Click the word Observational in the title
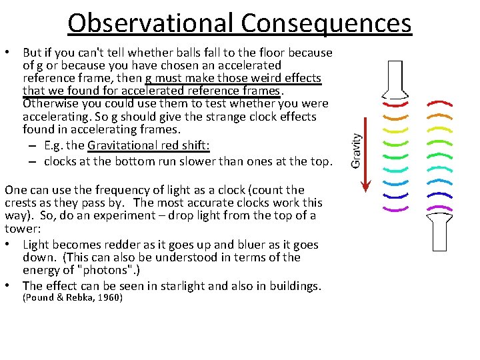pos(151,23)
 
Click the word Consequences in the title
pos(327,23)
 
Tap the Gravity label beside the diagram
pos(357,150)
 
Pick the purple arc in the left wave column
pos(396,209)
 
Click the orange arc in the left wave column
pos(396,117)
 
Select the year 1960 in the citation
pos(109,298)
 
